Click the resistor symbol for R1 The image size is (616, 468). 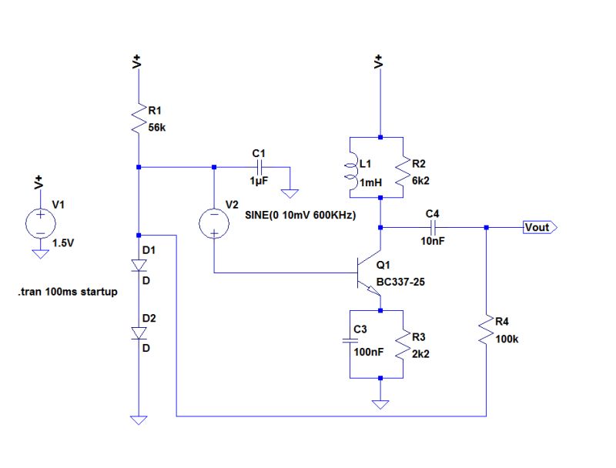[139, 120]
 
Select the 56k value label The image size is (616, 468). [156, 128]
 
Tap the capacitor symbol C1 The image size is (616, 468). [260, 166]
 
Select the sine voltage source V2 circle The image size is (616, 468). [214, 222]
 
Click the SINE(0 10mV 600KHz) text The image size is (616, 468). [300, 216]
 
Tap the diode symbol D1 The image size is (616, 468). [139, 266]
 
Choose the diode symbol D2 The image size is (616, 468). [139, 333]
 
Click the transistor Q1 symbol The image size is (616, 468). [368, 273]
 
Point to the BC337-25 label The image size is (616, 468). [400, 282]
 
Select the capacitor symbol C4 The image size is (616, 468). [433, 227]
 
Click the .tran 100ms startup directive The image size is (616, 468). [67, 293]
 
